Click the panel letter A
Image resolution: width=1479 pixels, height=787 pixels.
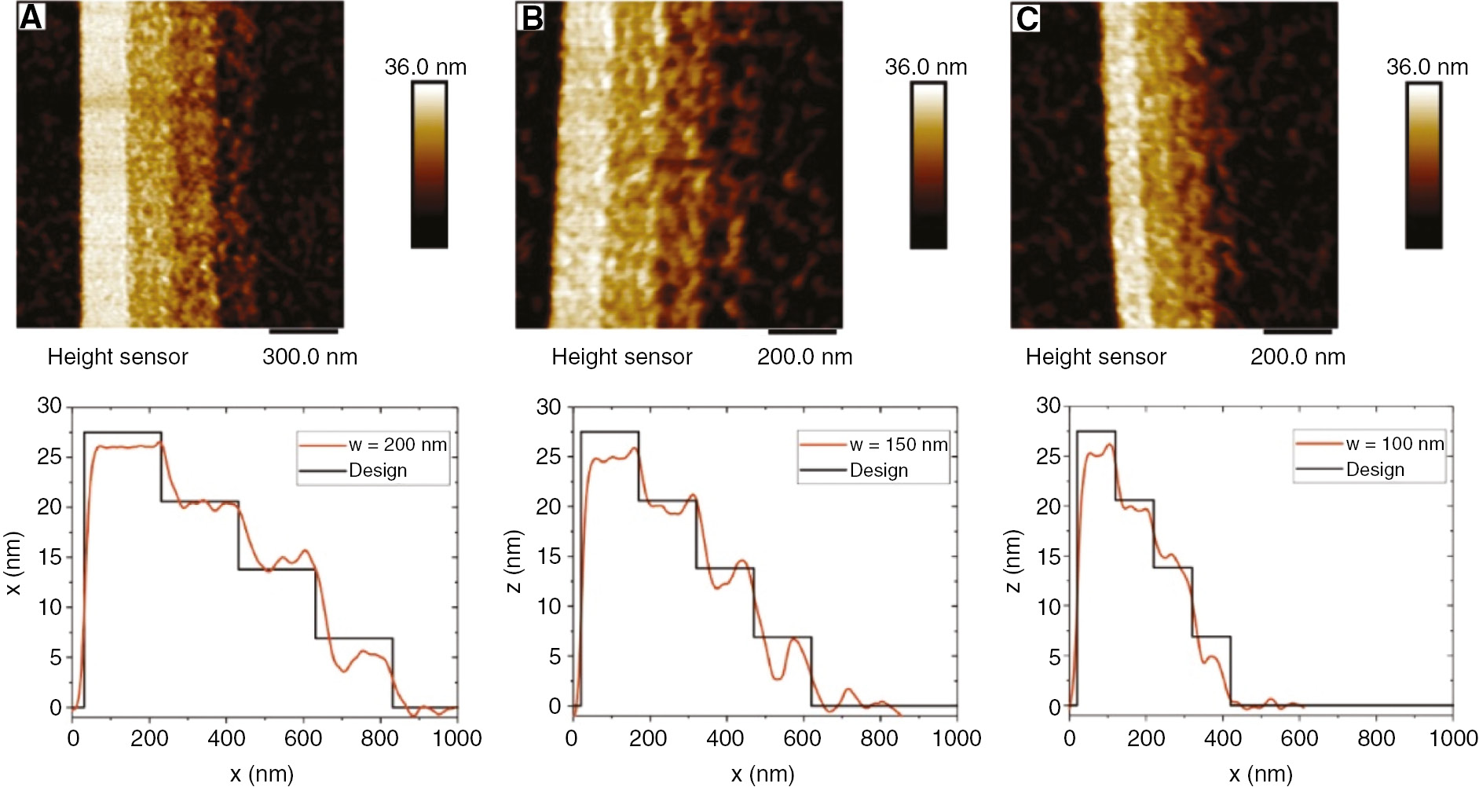[31, 16]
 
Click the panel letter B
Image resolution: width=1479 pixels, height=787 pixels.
[533, 16]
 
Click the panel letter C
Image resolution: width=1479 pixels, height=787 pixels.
[1027, 17]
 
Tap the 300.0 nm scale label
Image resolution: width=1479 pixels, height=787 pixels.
[309, 357]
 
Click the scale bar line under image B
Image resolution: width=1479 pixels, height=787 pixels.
[802, 331]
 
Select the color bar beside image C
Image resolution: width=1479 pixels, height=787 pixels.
[1423, 166]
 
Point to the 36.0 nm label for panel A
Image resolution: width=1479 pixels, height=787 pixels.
[425, 68]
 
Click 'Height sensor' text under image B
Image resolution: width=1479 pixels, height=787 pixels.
[621, 357]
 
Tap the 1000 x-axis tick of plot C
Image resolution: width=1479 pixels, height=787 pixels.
[1452, 738]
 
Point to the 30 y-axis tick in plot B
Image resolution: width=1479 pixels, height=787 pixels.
[548, 407]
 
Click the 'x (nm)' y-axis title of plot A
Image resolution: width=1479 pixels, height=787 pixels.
[13, 564]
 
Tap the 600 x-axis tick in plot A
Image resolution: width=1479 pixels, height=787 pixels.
[303, 738]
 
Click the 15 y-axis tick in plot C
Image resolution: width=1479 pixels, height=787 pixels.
[1048, 557]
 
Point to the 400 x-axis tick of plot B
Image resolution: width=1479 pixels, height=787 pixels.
[724, 738]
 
